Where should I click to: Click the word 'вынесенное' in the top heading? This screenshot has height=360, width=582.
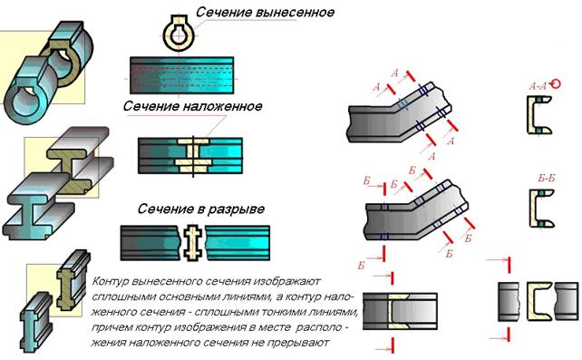point(296,13)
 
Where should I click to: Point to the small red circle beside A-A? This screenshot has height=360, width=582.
point(556,83)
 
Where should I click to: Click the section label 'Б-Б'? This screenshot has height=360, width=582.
point(547,179)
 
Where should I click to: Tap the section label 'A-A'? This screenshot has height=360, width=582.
point(538,87)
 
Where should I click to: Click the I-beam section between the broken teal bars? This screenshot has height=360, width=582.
point(192,242)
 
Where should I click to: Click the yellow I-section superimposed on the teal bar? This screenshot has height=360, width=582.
point(192,155)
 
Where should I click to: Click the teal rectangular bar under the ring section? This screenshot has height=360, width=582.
point(181,75)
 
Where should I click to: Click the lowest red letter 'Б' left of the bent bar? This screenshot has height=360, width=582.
point(361,265)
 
